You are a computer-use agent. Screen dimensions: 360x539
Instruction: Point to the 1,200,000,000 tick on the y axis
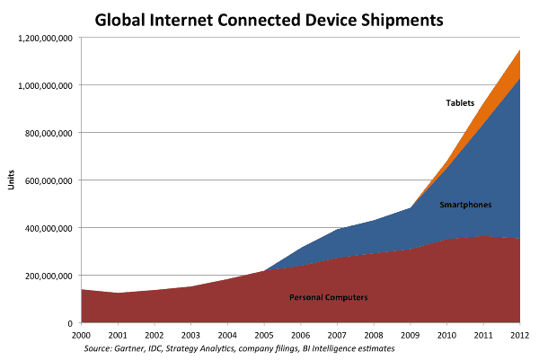point(43,38)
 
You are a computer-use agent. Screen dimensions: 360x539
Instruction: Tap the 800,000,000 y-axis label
point(48,133)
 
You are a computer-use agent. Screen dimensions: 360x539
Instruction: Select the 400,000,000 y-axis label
point(48,228)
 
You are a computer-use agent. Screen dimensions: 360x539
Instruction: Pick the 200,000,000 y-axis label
point(48,276)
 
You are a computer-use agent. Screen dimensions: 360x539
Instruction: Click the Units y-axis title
point(10,180)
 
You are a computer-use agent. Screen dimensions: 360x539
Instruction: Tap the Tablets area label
point(460,103)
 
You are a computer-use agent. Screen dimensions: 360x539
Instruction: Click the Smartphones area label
point(464,206)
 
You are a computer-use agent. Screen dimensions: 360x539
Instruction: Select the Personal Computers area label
point(329,297)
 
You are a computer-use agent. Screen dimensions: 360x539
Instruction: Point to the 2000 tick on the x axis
point(82,334)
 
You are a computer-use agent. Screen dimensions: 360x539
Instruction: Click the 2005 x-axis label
point(264,334)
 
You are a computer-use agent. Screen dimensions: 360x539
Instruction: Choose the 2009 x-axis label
point(411,334)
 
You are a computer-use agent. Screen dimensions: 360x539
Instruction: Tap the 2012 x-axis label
point(518,334)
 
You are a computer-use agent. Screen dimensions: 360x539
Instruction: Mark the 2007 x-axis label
point(338,334)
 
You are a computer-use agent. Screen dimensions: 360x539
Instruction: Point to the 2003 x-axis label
point(191,334)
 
